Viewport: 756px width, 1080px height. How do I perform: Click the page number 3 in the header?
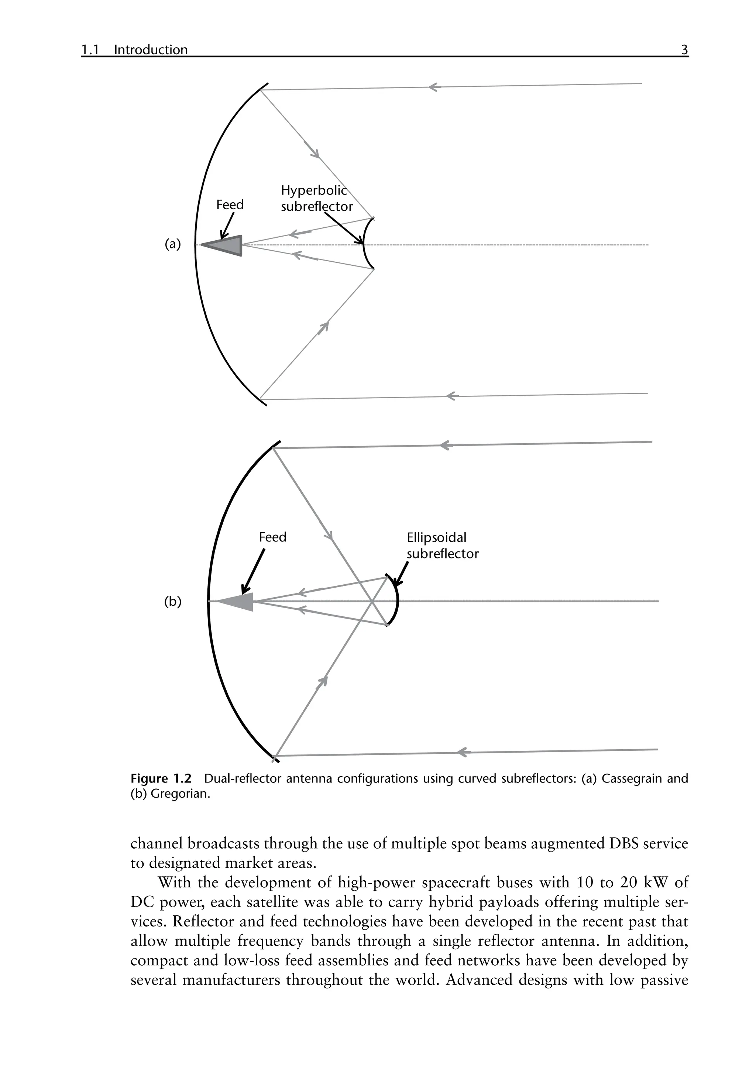point(684,49)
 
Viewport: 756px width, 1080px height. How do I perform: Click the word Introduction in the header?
point(151,50)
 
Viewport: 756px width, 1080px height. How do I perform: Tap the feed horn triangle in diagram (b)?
point(240,602)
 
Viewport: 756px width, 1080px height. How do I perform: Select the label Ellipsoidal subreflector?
point(442,546)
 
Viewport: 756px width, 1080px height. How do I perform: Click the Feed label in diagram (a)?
point(230,204)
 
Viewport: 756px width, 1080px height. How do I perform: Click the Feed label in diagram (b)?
point(272,537)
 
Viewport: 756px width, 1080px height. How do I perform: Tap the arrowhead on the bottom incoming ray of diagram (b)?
point(463,752)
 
